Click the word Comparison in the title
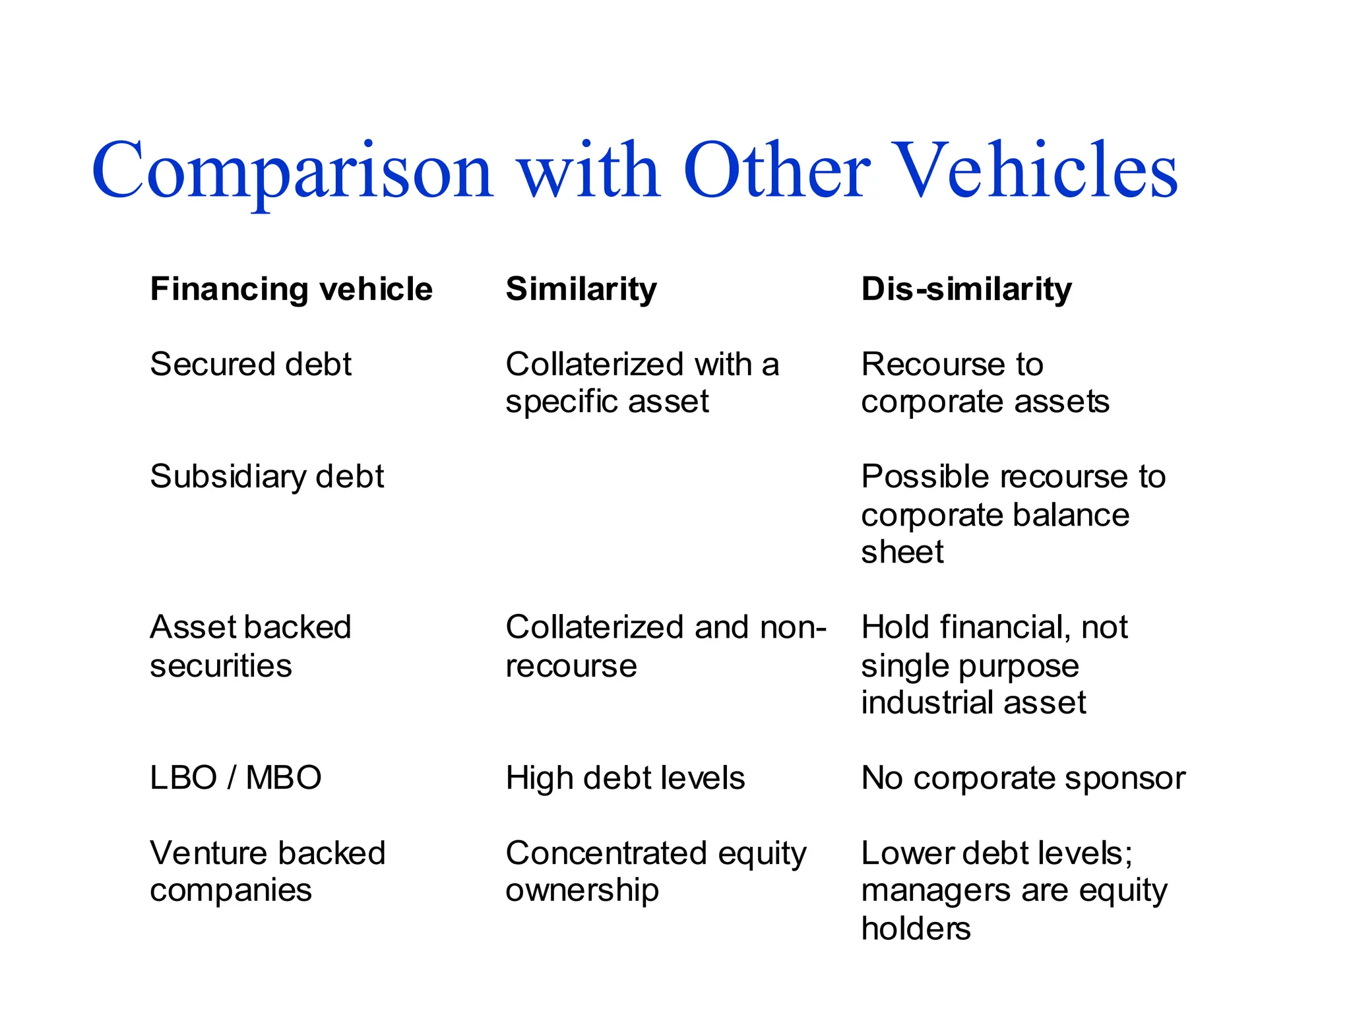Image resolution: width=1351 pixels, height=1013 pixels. tap(292, 171)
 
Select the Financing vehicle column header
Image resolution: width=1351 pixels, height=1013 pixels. tap(291, 290)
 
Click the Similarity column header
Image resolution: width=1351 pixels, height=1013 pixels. tap(581, 290)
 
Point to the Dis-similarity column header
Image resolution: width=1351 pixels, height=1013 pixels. tap(966, 290)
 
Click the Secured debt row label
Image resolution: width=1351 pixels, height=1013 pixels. tap(251, 364)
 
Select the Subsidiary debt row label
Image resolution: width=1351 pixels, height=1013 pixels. tap(267, 477)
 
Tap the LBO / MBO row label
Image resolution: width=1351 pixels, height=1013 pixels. tap(236, 778)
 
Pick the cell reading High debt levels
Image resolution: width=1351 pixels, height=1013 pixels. tap(625, 778)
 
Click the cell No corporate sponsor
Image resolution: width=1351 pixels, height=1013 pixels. tap(1023, 778)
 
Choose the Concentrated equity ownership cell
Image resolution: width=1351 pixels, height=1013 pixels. tap(656, 871)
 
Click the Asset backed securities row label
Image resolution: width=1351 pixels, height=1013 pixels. tap(251, 646)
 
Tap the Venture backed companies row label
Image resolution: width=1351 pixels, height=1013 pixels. tap(267, 871)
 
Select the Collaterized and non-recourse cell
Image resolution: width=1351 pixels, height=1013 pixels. tap(665, 646)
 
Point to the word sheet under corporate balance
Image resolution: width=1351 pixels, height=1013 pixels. tap(902, 552)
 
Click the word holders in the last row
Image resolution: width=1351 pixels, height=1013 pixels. tap(916, 929)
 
